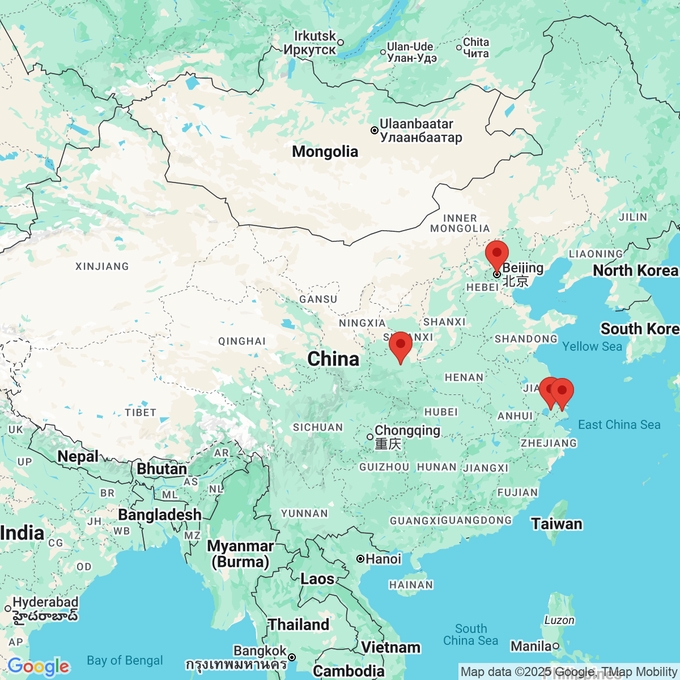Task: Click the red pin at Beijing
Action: (497, 253)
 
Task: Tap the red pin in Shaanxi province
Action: (401, 345)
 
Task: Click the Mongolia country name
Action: (325, 151)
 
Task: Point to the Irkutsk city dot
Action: (341, 42)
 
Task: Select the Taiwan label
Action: (556, 524)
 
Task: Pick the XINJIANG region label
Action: (102, 266)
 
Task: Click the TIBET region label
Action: (141, 413)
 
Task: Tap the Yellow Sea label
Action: (592, 346)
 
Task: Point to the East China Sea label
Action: (619, 424)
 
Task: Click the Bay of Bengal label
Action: (125, 661)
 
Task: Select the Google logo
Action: (38, 666)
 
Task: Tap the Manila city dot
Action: (556, 646)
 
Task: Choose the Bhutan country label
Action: (161, 469)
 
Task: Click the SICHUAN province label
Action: (317, 427)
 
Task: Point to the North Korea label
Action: (635, 271)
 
